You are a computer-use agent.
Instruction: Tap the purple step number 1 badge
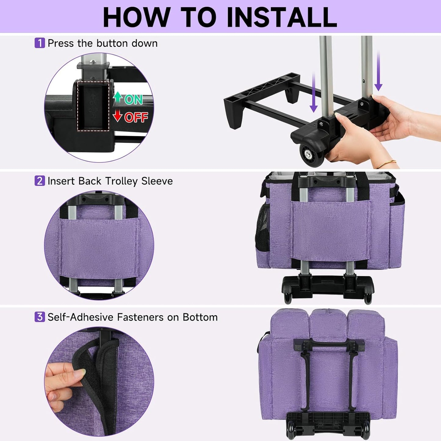[40, 43]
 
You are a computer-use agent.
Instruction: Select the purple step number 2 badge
[40, 181]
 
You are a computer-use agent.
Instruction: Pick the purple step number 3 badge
[40, 317]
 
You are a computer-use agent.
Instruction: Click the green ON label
[133, 99]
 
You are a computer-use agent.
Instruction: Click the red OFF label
[136, 117]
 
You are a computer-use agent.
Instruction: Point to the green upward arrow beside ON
[118, 97]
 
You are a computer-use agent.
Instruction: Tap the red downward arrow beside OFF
[118, 116]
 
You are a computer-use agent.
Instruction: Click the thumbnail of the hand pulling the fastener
[99, 381]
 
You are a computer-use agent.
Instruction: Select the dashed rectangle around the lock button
[93, 106]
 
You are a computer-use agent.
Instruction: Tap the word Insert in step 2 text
[61, 181]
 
